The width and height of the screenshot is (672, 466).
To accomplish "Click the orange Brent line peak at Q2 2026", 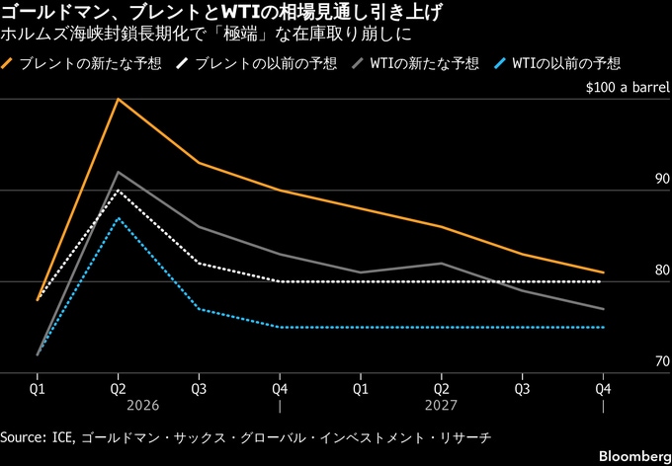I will [x=119, y=99].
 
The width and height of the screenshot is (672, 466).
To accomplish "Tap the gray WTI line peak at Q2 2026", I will [x=119, y=172].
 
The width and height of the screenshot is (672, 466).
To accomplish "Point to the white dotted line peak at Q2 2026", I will [x=119, y=190].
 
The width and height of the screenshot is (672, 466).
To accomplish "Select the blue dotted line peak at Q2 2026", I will [x=119, y=217].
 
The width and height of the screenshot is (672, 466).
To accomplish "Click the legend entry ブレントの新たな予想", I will [x=73, y=63].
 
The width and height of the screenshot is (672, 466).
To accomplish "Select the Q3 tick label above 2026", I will [x=200, y=389].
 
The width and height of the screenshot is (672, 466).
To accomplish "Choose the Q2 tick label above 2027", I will [x=441, y=389].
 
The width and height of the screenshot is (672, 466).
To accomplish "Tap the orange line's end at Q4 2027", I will [x=603, y=272].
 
